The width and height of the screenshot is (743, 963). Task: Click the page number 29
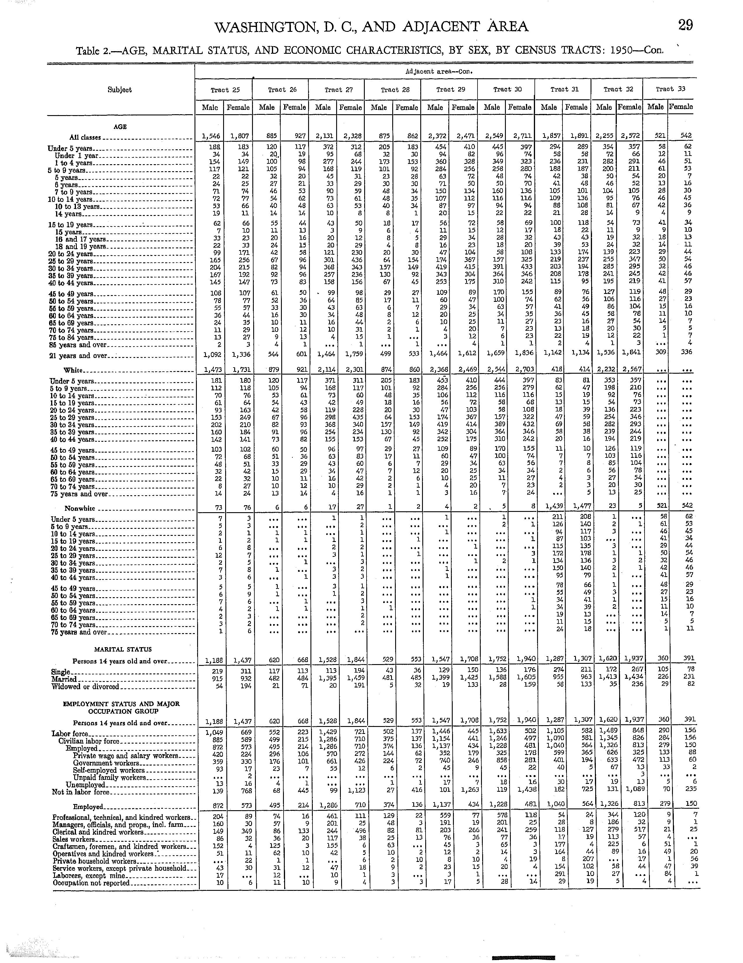pos(685,26)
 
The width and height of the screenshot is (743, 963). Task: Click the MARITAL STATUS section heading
pos(123,649)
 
